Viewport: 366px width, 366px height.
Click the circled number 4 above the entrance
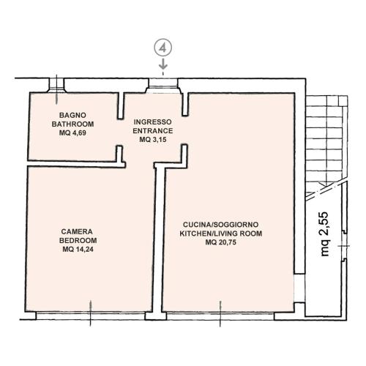tap(163, 48)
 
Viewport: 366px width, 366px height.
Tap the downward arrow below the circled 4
tap(163, 64)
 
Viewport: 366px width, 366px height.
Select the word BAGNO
tap(72, 115)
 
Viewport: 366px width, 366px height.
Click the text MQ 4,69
tap(72, 133)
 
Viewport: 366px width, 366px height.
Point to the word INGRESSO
tap(153, 122)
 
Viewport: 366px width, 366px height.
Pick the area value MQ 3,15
tap(153, 140)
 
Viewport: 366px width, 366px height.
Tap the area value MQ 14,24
tap(78, 250)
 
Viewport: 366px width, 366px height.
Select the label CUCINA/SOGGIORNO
tap(221, 225)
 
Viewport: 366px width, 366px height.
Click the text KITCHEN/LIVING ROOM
tap(221, 234)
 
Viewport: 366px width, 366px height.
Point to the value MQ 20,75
tap(221, 242)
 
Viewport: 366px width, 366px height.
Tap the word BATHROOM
tap(72, 124)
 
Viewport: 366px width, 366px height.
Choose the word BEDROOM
tap(78, 240)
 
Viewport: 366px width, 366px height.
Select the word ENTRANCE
tap(153, 131)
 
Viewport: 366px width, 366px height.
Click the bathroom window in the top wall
tap(56, 86)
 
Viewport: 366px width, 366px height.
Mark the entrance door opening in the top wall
tap(163, 86)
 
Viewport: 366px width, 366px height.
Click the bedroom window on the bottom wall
tap(91, 315)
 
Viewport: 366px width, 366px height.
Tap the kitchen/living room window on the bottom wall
tap(220, 315)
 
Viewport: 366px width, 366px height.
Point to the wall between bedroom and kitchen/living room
tap(159, 239)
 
